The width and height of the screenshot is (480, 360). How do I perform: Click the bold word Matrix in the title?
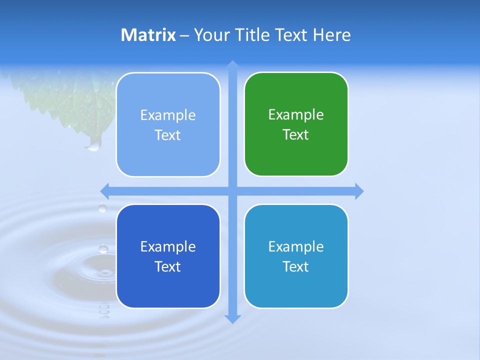click(x=148, y=35)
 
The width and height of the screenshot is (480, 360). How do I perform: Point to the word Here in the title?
click(x=331, y=35)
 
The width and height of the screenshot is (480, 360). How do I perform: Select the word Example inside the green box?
click(x=296, y=115)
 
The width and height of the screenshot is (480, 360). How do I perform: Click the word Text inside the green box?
click(x=296, y=135)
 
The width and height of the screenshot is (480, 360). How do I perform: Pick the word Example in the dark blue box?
click(x=168, y=247)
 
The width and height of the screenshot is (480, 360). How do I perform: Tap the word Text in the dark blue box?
click(x=168, y=267)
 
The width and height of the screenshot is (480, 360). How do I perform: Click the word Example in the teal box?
click(x=296, y=247)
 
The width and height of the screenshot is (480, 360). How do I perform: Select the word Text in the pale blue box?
click(x=168, y=135)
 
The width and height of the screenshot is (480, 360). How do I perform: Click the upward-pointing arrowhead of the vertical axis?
click(x=232, y=65)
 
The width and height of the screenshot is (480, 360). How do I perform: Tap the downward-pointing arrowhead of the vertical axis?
click(x=232, y=319)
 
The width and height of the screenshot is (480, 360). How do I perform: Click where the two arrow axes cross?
click(x=232, y=191)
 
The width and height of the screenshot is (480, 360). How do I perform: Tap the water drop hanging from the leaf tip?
click(x=93, y=145)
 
